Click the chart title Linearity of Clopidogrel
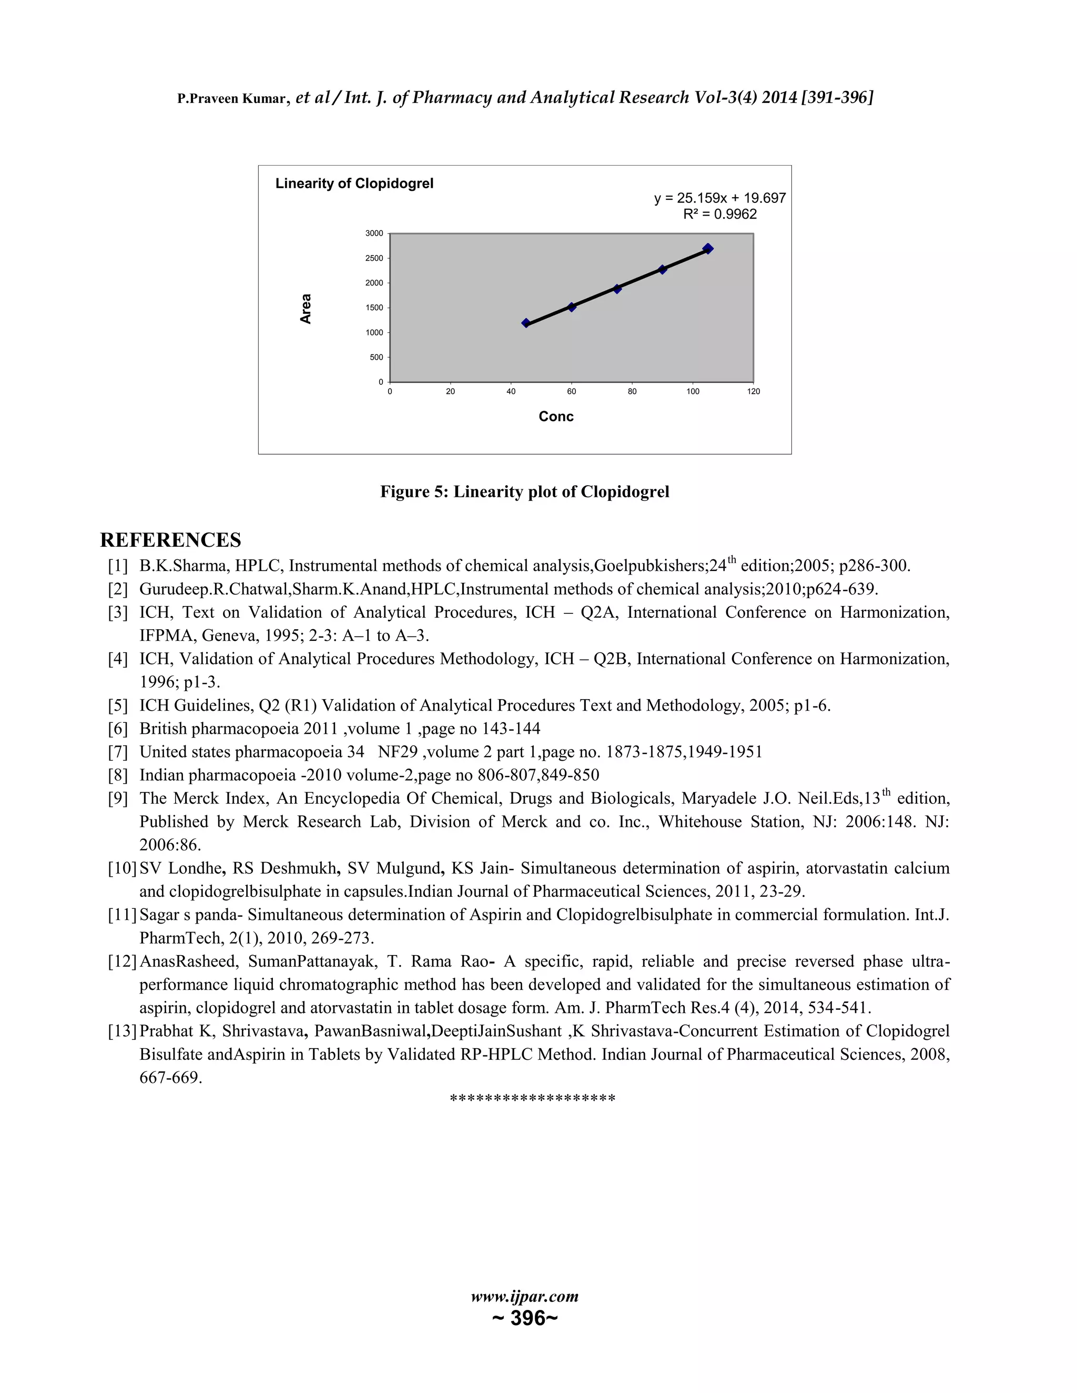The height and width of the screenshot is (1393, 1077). click(354, 183)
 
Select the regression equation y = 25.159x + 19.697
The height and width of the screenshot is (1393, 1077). click(720, 198)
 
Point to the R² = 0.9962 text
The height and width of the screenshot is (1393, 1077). click(720, 214)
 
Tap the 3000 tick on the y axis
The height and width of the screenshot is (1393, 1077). click(374, 233)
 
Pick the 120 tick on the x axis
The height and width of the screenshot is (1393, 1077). click(754, 392)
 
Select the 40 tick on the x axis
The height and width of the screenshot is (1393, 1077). click(511, 392)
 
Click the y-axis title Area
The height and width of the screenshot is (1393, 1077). click(306, 309)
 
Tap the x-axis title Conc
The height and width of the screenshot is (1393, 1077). click(556, 416)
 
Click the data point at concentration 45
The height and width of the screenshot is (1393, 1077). click(526, 323)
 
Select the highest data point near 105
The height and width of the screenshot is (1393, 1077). click(708, 249)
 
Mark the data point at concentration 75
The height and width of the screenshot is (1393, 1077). click(617, 289)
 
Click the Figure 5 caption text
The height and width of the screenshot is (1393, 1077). click(524, 492)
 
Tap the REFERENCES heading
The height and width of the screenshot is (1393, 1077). click(170, 540)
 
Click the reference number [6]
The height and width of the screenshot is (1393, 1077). click(118, 729)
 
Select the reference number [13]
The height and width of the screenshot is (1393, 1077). click(123, 1031)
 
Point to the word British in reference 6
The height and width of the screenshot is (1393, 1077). click(164, 729)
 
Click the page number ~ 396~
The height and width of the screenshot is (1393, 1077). click(524, 1318)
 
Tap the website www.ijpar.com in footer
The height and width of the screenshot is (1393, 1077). click(524, 1297)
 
